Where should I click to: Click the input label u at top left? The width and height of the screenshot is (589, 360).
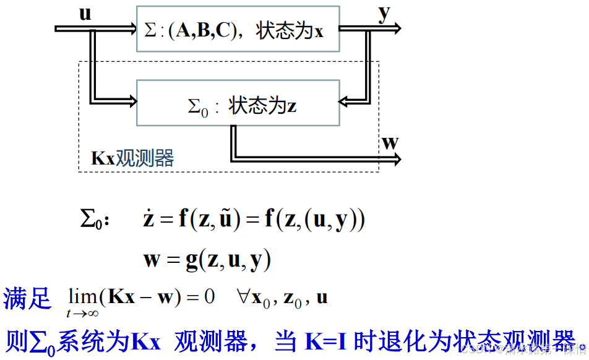click(85, 13)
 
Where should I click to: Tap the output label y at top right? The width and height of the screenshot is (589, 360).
click(385, 14)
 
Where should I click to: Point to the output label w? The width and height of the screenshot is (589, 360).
click(390, 143)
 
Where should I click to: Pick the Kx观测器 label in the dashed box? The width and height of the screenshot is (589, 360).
click(132, 158)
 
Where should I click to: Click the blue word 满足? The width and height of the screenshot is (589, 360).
click(27, 298)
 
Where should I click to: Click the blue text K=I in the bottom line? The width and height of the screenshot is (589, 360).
click(326, 341)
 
